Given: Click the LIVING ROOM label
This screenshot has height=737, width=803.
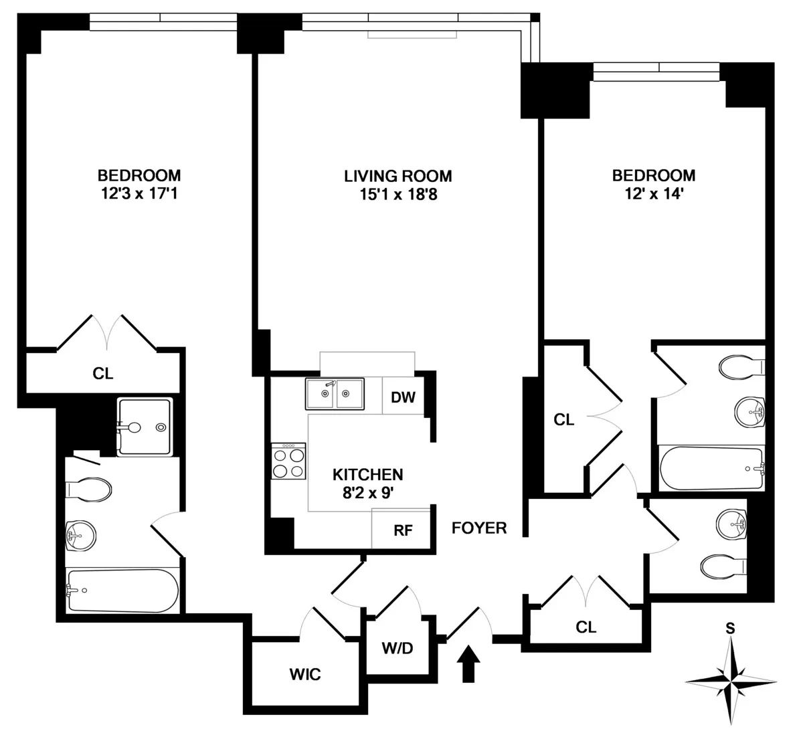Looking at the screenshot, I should [397, 176].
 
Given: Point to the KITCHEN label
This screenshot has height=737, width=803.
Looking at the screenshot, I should [367, 474].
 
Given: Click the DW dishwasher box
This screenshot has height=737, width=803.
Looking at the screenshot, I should [403, 397].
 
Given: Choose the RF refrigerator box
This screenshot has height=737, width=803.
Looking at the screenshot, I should [403, 530].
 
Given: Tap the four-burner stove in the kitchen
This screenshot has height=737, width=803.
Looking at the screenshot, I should [289, 461].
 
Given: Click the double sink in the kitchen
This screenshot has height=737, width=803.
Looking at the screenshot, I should [335, 394].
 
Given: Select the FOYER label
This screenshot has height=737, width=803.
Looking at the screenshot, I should [479, 528].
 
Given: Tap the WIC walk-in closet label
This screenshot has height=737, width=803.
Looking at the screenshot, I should [304, 674].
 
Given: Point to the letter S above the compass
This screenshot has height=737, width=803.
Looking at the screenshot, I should [731, 628].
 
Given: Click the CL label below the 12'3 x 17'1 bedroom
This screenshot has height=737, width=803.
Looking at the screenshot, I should [102, 373].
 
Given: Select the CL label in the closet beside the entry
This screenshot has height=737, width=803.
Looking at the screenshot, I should [586, 627].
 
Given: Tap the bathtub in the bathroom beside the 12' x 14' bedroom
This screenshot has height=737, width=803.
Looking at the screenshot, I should [711, 469].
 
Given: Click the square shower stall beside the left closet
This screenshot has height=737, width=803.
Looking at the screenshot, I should [145, 427].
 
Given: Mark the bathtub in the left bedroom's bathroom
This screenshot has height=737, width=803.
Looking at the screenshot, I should [122, 591].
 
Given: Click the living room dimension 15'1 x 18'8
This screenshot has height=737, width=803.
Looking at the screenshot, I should [397, 195].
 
